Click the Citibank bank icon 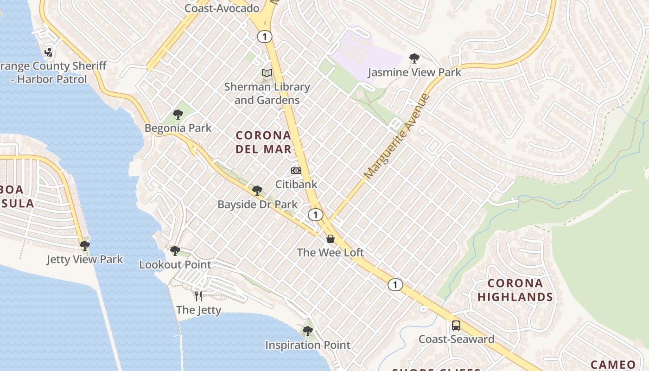tap(296, 171)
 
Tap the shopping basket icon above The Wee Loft tap(331, 239)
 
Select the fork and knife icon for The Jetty tap(198, 296)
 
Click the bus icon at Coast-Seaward tap(456, 325)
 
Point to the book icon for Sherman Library tap(267, 73)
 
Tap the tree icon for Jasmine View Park tap(414, 58)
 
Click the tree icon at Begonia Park tap(178, 114)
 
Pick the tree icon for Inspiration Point tap(307, 331)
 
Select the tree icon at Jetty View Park tap(84, 245)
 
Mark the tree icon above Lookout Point tap(175, 251)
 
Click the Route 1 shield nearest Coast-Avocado tap(265, 37)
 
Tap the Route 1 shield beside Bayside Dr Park tap(315, 215)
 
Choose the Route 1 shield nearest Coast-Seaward tap(395, 285)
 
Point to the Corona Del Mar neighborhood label tap(263, 142)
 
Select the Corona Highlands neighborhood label tap(515, 290)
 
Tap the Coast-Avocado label tap(222, 8)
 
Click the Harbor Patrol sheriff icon tap(48, 52)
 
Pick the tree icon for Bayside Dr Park tap(257, 190)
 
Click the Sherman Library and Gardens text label tap(267, 93)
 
